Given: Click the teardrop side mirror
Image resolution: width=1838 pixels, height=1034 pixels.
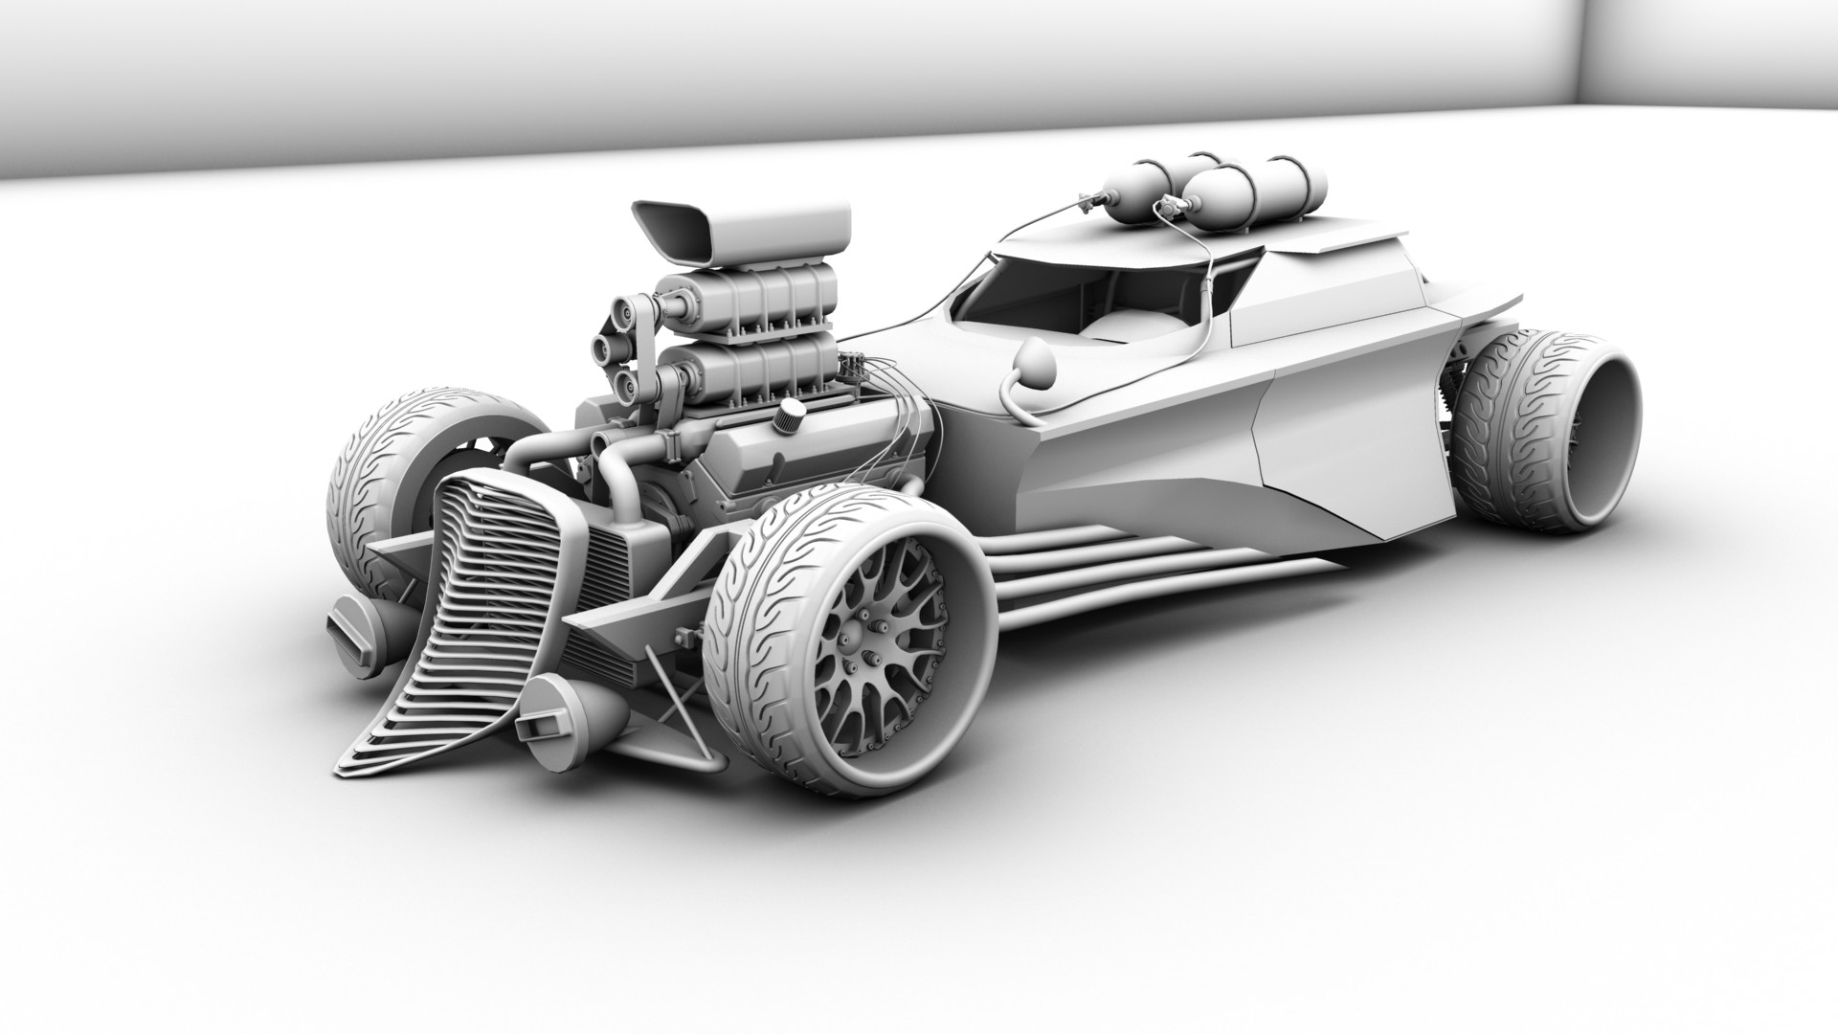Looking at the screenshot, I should coord(1037,363).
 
